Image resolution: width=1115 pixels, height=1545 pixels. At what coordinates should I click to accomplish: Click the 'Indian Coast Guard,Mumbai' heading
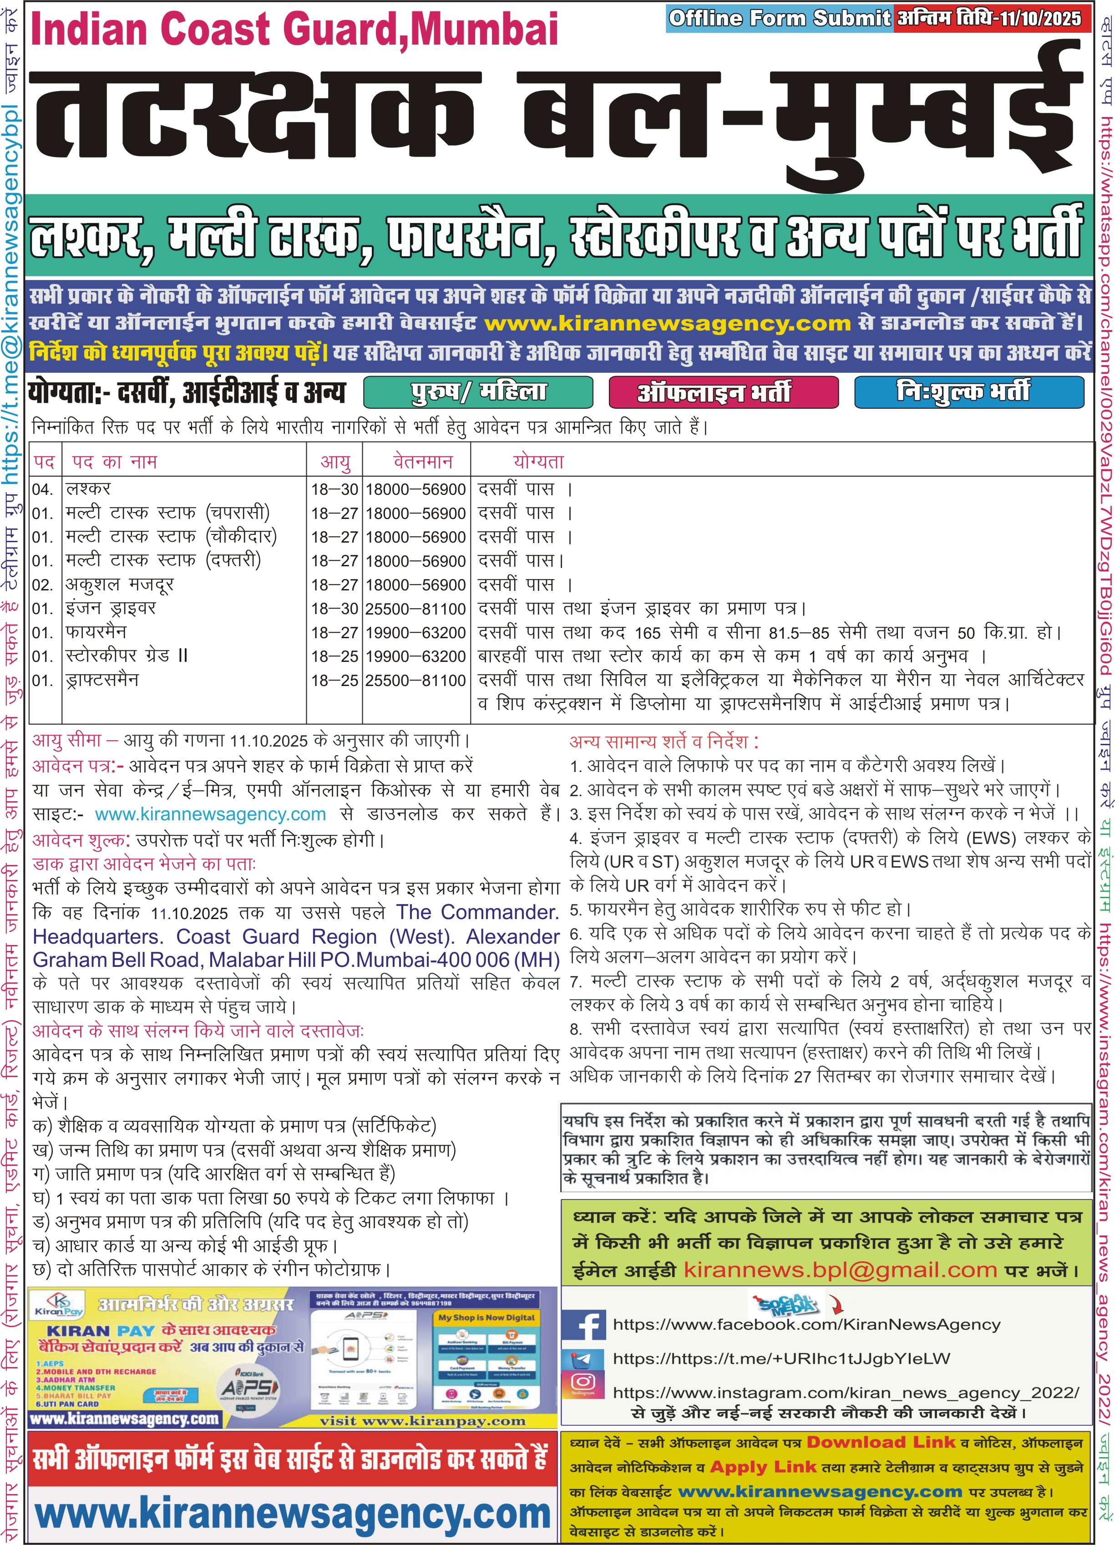(294, 30)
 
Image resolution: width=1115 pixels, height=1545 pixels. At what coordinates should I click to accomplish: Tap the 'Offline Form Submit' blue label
(779, 18)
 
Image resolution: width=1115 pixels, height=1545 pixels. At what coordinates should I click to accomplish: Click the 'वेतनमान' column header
(422, 462)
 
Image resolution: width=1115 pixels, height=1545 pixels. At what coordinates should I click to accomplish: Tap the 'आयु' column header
(335, 462)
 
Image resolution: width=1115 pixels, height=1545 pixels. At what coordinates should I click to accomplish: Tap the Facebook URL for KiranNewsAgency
(806, 1325)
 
